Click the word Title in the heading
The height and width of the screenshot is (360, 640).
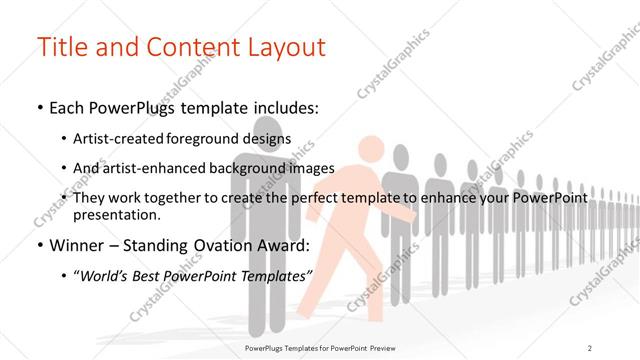(62, 47)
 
